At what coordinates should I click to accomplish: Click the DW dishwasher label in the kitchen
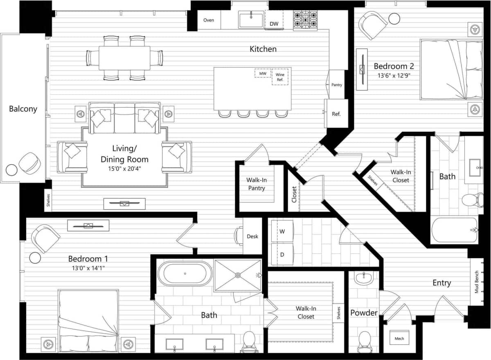pos(274,24)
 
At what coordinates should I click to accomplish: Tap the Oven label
pos(209,20)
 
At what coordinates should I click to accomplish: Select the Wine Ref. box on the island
pos(280,77)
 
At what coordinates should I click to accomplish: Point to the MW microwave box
pos(263,74)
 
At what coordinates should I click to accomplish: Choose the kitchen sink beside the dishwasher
pos(252,20)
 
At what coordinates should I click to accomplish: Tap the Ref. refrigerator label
pos(336,114)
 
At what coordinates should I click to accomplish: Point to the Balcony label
pos(23,109)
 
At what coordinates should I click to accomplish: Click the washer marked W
pos(282,231)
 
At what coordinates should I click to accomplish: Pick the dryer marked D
pos(282,254)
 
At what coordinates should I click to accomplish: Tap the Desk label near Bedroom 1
pos(252,236)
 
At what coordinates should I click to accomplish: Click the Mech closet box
pos(399,338)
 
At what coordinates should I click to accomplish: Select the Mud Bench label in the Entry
pos(476,282)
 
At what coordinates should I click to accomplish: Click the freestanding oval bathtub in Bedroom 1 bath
pos(185,273)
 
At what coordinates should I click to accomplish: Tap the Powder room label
pos(364,313)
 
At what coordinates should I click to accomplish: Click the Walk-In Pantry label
pos(256,184)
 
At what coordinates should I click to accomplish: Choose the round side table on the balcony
pos(11,169)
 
